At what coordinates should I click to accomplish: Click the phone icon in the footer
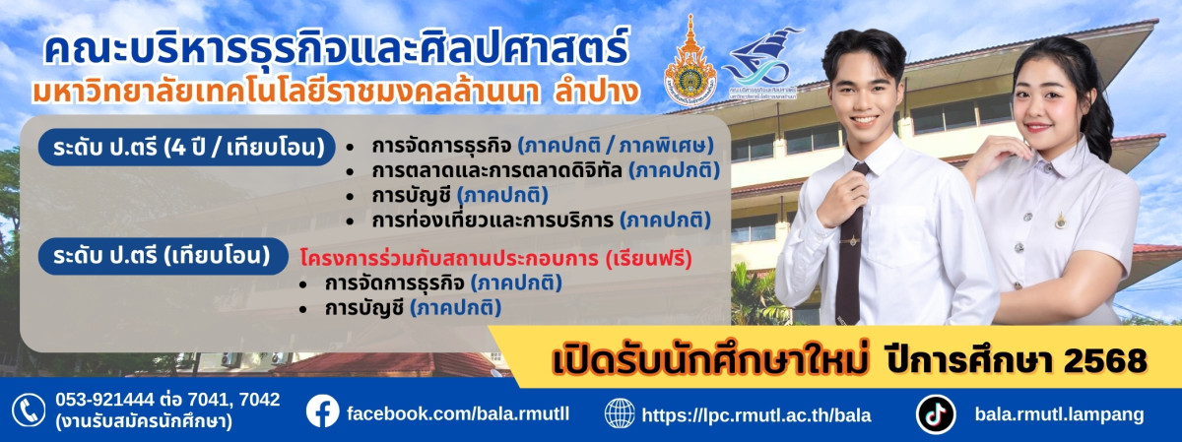click(29, 410)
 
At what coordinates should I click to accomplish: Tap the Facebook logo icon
click(323, 410)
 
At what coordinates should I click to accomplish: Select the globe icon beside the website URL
click(620, 413)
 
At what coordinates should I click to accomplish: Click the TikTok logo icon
click(936, 413)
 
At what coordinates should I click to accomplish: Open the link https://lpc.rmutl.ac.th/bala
click(756, 414)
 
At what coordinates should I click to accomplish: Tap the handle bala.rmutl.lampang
click(1059, 414)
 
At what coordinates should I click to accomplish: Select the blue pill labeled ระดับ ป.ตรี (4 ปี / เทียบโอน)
click(183, 149)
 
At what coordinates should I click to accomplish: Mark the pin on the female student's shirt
click(1060, 220)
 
